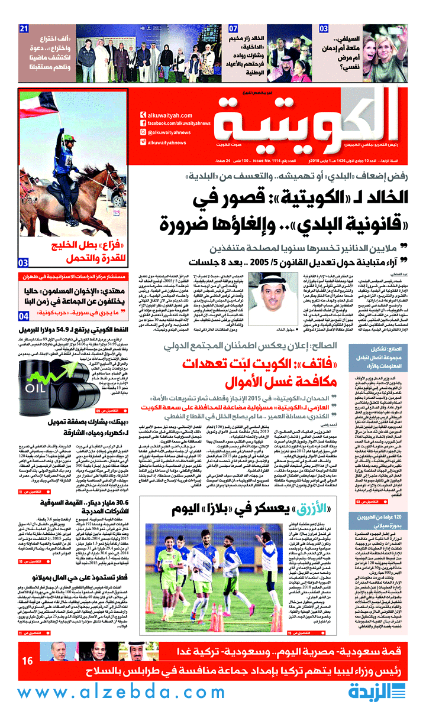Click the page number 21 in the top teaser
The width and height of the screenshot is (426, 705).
[x=24, y=29]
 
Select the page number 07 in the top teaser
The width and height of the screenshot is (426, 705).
[x=233, y=29]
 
